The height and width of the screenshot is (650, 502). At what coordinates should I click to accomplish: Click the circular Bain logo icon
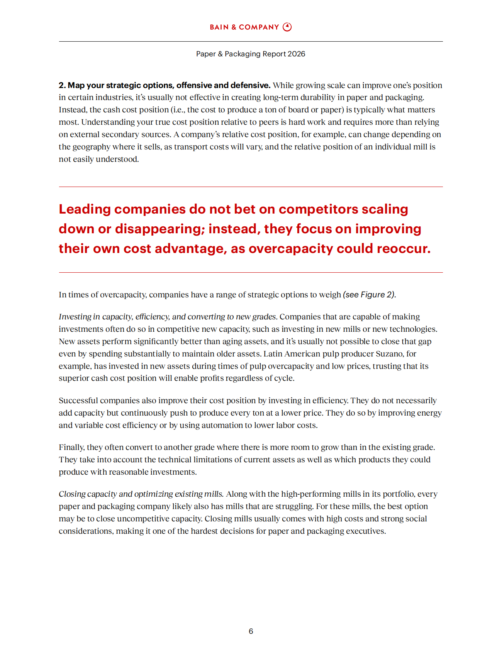tap(287, 27)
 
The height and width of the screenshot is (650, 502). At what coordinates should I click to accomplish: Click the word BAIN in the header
tap(219, 27)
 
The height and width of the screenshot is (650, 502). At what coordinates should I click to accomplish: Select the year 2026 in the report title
tap(296, 54)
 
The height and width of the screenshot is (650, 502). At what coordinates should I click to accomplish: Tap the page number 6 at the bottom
tap(251, 631)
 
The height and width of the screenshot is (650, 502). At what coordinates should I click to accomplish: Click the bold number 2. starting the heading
tap(62, 85)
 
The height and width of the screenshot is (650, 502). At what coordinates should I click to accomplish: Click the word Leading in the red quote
tap(84, 209)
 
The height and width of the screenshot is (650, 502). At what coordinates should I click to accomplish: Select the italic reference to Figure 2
tap(370, 295)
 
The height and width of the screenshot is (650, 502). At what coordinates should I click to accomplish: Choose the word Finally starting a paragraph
tap(71, 447)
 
